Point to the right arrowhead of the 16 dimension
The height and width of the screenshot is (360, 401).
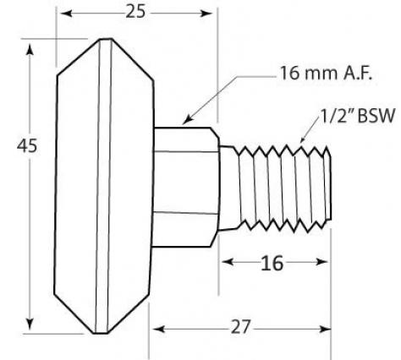[327, 263]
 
